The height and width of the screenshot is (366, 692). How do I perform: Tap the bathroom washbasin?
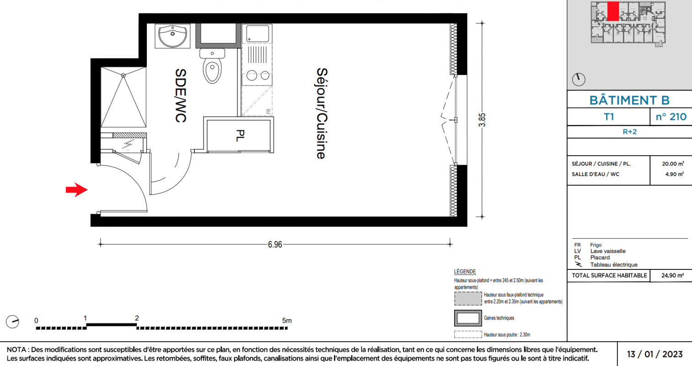(172, 36)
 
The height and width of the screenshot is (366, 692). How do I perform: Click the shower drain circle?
(123, 75)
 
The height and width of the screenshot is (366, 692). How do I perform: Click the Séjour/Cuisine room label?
(321, 113)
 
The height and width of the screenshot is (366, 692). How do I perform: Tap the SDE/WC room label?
(181, 96)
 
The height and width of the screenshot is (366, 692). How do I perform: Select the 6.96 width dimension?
(275, 244)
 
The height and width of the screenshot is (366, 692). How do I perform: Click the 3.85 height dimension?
(482, 120)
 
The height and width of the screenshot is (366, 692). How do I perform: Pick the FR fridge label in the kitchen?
(268, 111)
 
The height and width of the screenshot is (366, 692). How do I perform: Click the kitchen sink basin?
(257, 33)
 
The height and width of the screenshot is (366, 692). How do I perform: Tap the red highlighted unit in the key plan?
(613, 11)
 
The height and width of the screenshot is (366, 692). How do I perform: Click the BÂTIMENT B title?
(629, 100)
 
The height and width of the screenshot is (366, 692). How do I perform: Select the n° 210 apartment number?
(671, 117)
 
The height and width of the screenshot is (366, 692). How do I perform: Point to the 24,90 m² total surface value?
(672, 275)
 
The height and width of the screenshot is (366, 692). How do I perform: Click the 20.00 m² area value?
(673, 163)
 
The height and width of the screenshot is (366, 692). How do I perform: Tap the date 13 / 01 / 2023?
(654, 354)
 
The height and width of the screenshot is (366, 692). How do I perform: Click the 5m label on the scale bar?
(287, 321)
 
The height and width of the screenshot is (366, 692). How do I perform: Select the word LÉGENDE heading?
(465, 271)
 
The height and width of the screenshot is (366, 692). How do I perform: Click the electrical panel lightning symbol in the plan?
(128, 144)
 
